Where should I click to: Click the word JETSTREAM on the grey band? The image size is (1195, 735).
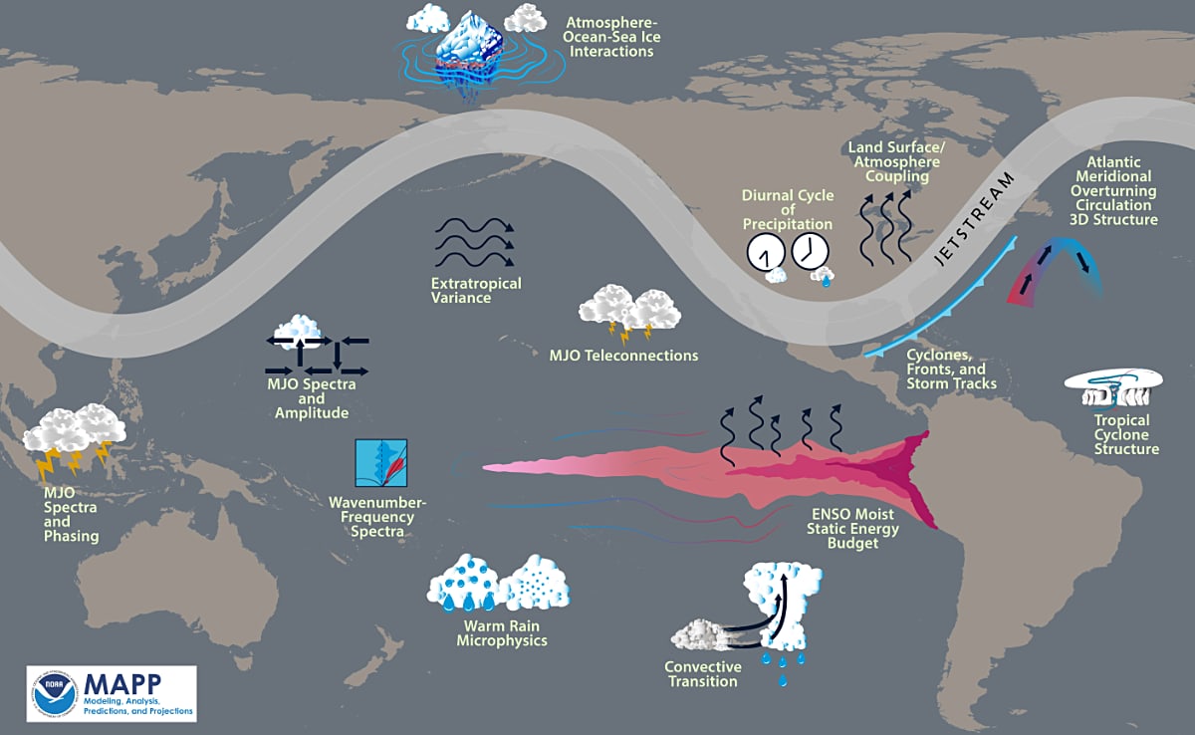974,218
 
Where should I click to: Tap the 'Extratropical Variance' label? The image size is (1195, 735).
476,291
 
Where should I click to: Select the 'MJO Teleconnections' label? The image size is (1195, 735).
623,356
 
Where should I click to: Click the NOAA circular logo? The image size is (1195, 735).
55,693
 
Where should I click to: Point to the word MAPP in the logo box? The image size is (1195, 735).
122,684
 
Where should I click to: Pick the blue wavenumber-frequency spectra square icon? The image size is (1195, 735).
381,463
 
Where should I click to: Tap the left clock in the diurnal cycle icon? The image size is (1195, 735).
766,252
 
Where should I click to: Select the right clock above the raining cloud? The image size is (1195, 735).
810,251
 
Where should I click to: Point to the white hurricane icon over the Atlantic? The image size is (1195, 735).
1114,387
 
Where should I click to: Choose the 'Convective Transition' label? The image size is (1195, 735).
703,674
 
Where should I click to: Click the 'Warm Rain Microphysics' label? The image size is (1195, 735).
502,633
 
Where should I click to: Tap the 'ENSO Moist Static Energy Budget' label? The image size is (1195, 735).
852,529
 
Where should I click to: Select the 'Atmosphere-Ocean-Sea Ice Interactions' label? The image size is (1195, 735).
611,37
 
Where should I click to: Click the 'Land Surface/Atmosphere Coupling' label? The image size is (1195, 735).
897,162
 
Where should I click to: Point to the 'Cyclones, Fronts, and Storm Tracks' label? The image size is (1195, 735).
951,369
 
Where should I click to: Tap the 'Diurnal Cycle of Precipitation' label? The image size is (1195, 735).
788,209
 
